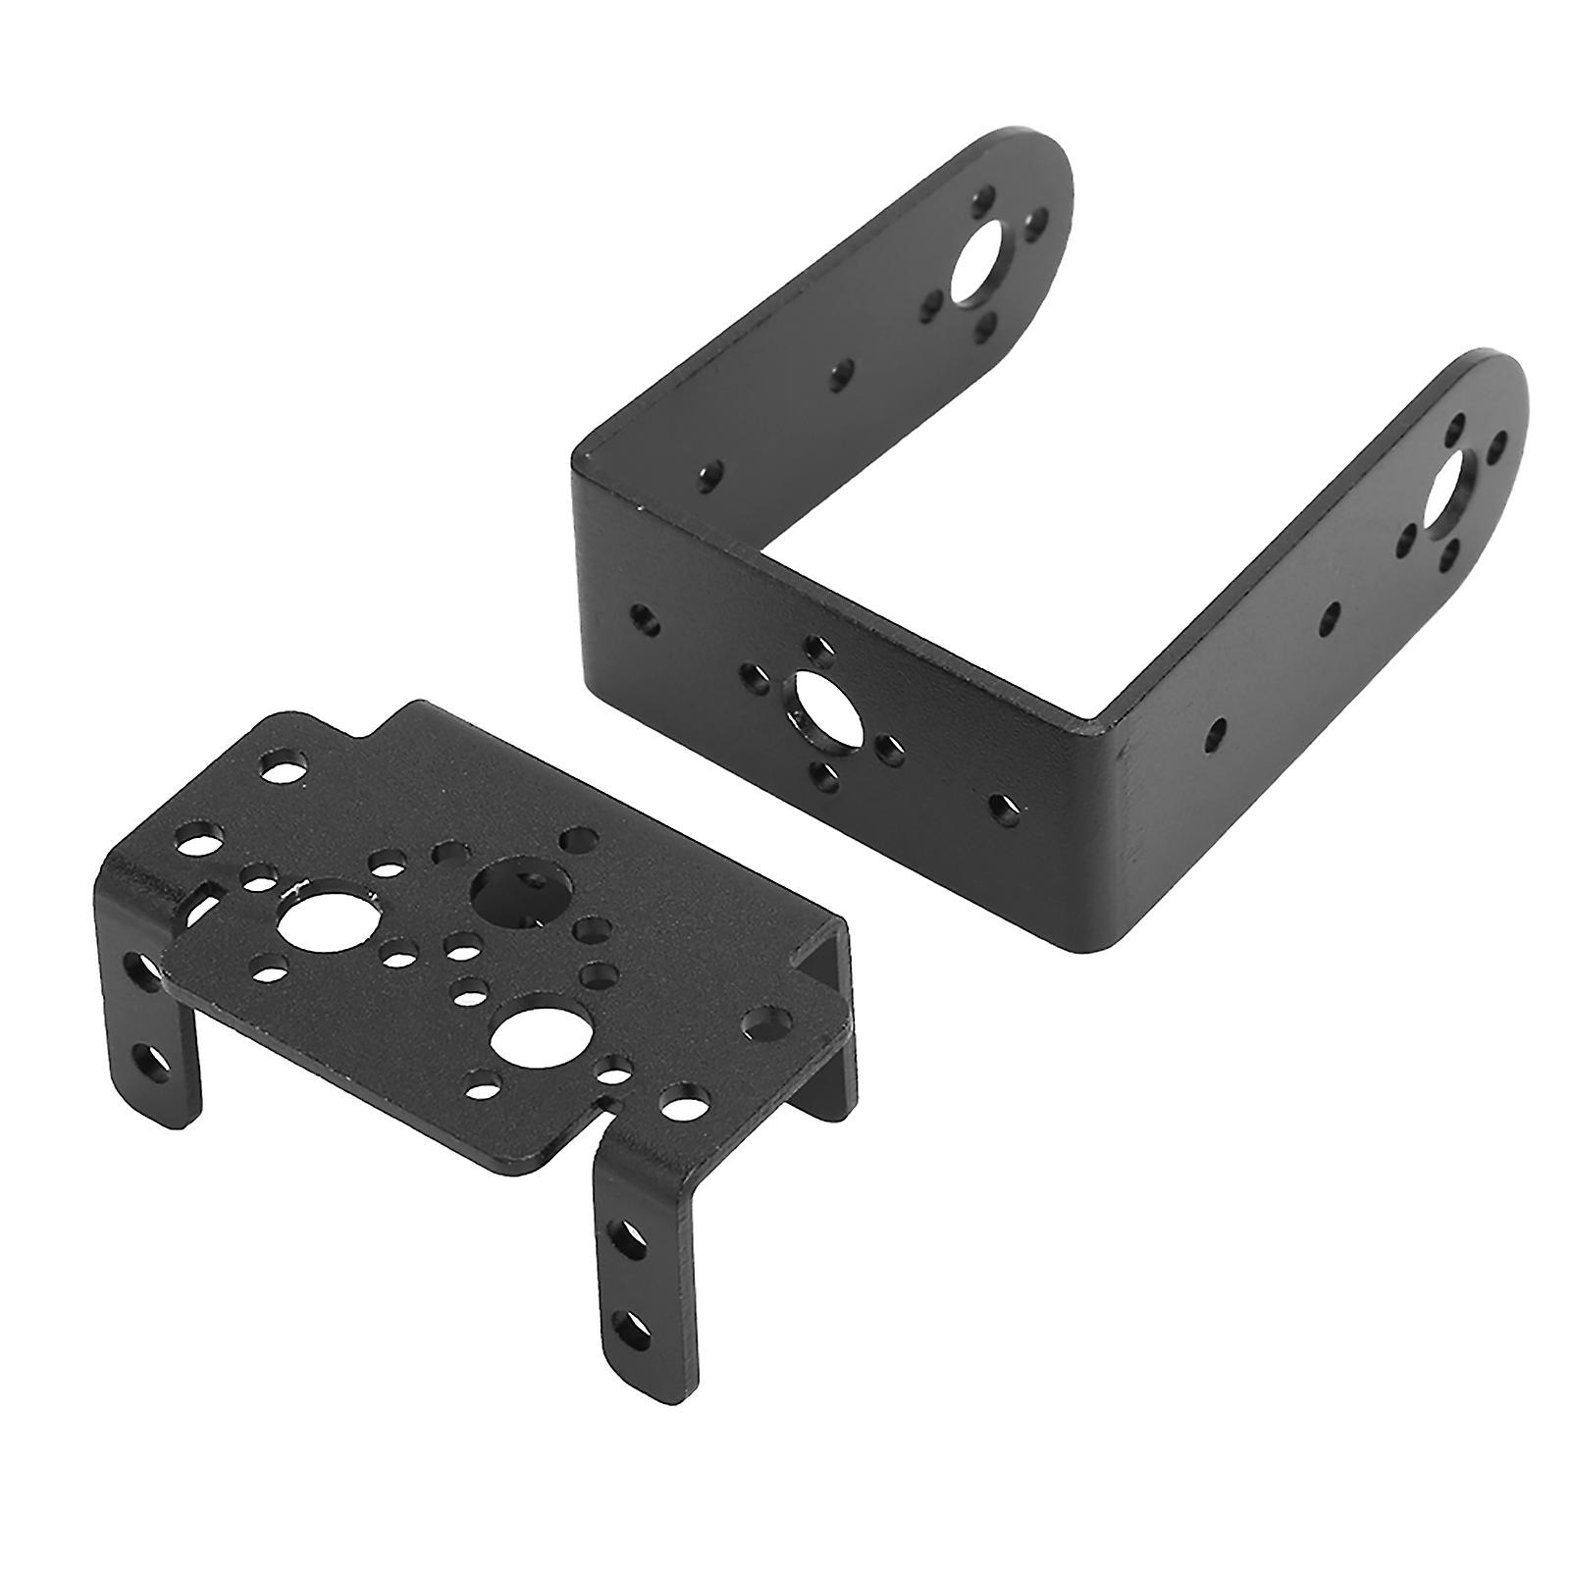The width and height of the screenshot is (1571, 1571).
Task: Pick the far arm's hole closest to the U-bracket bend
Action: [712, 474]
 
